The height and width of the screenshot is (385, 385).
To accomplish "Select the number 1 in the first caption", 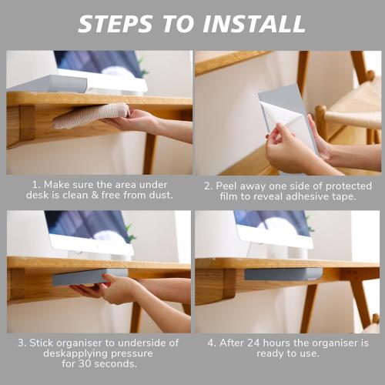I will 35,185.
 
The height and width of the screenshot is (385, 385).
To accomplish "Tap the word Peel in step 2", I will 232,185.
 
